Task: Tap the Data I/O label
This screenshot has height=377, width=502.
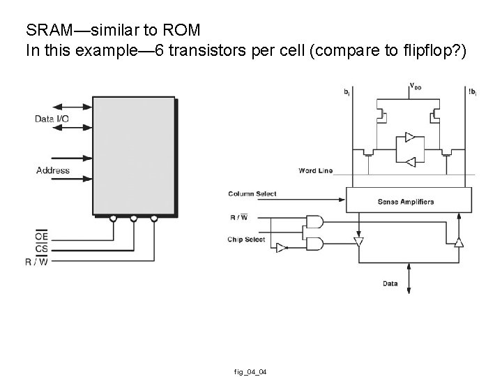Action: pos(52,119)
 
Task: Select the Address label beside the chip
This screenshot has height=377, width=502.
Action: pos(52,170)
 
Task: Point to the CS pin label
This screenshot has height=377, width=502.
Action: pos(42,248)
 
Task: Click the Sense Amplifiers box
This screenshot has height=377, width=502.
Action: pos(405,202)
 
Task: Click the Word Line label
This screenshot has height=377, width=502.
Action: pos(315,170)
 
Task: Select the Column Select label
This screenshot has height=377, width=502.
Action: pos(252,193)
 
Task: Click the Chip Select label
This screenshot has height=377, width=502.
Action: pos(246,239)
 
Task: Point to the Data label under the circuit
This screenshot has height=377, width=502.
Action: pos(390,283)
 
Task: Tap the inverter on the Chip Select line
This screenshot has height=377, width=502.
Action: pos(280,248)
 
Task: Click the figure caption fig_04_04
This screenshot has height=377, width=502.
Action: pos(252,370)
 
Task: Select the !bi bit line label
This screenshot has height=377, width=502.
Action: pos(473,91)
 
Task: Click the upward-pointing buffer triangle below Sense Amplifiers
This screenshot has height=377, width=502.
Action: pos(458,242)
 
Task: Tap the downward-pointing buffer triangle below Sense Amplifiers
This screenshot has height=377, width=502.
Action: pos(358,242)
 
